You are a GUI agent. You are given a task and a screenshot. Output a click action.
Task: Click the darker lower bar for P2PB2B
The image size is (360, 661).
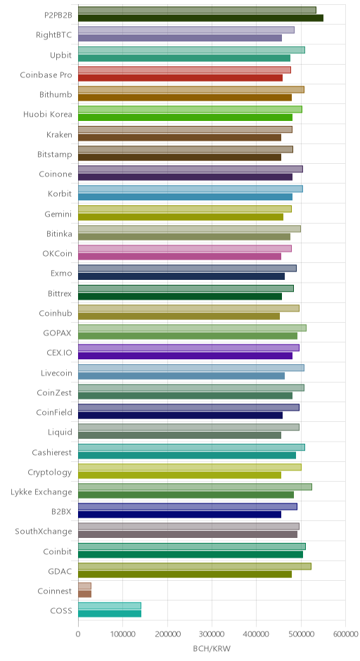(200, 18)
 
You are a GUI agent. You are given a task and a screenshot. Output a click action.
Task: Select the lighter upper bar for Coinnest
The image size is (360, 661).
(85, 586)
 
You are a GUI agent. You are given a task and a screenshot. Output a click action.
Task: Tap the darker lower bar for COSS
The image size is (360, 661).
(110, 614)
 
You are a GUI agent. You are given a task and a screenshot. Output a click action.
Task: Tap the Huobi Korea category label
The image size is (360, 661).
(48, 114)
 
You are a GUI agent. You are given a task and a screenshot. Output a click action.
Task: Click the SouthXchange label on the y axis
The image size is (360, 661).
(44, 531)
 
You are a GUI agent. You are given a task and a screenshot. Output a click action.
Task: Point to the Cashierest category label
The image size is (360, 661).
(52, 452)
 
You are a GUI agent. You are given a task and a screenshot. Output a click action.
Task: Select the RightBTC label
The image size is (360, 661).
(54, 35)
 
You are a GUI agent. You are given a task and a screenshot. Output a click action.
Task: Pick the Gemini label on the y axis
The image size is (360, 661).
(58, 214)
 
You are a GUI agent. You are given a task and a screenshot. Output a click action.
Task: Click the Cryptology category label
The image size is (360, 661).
(50, 472)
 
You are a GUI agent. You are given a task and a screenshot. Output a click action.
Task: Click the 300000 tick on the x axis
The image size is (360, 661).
(212, 634)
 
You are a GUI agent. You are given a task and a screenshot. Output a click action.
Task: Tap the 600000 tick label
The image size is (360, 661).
(346, 634)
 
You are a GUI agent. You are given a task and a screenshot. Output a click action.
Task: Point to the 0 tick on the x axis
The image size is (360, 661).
(78, 634)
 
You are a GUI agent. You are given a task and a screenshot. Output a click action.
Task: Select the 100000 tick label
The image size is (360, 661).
(122, 634)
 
